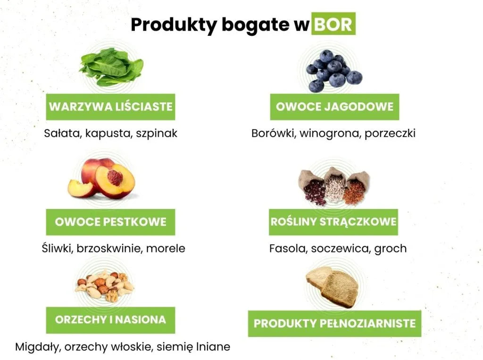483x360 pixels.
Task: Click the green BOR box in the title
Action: tap(333, 25)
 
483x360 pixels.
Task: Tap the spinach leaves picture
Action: tap(111, 67)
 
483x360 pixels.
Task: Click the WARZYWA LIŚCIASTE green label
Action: tap(110, 107)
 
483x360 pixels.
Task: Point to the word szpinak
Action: tap(157, 133)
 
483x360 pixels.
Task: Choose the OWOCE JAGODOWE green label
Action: tap(334, 107)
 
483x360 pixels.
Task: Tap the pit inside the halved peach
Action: tap(115, 177)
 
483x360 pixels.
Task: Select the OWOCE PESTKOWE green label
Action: tap(110, 222)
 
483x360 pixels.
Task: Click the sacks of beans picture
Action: tap(334, 186)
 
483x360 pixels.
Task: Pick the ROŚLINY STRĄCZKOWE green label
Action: tap(333, 222)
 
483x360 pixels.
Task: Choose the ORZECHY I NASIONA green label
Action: tap(110, 320)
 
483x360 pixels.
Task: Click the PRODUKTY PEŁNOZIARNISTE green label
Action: tap(334, 323)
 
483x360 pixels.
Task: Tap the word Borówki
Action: tap(272, 133)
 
